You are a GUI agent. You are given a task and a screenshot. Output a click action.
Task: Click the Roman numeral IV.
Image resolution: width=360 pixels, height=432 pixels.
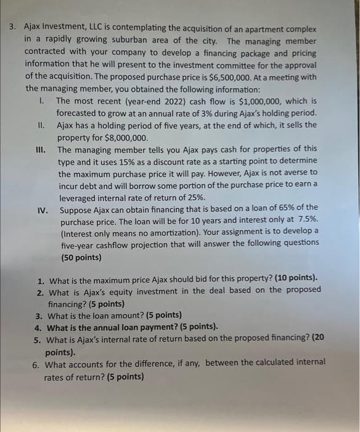pyautogui.click(x=43, y=207)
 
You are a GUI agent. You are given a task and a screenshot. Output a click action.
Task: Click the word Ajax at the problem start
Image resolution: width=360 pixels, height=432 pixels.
pyautogui.click(x=36, y=30)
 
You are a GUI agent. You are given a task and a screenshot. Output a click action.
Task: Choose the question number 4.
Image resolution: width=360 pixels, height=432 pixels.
pyautogui.click(x=38, y=327)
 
